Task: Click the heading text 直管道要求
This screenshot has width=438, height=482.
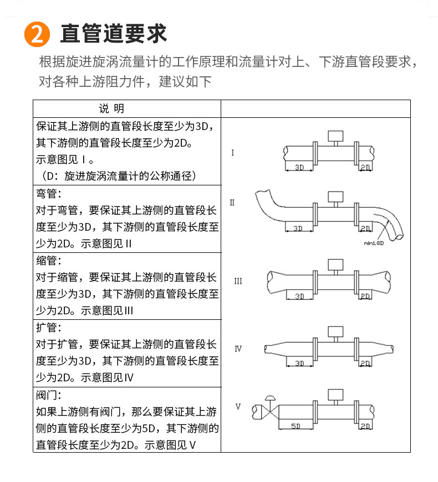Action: coord(114,34)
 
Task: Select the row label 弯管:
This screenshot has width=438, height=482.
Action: coord(49,194)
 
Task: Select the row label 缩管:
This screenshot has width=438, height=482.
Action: coord(49,261)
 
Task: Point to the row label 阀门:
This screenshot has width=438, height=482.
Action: coord(49,395)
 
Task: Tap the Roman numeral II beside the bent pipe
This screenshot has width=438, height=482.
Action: coord(232,203)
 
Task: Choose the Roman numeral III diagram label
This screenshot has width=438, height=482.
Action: coord(238,281)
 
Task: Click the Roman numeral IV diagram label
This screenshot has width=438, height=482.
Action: coord(238,349)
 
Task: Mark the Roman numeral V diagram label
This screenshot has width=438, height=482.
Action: coord(238,407)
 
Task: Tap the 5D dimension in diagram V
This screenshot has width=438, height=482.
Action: coord(295,426)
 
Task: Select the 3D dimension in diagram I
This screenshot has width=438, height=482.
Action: coord(299,167)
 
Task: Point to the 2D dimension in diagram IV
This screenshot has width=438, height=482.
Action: coord(365,364)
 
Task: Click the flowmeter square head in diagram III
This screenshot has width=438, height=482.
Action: coord(335,264)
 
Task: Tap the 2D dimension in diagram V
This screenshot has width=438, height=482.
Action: coord(365,426)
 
